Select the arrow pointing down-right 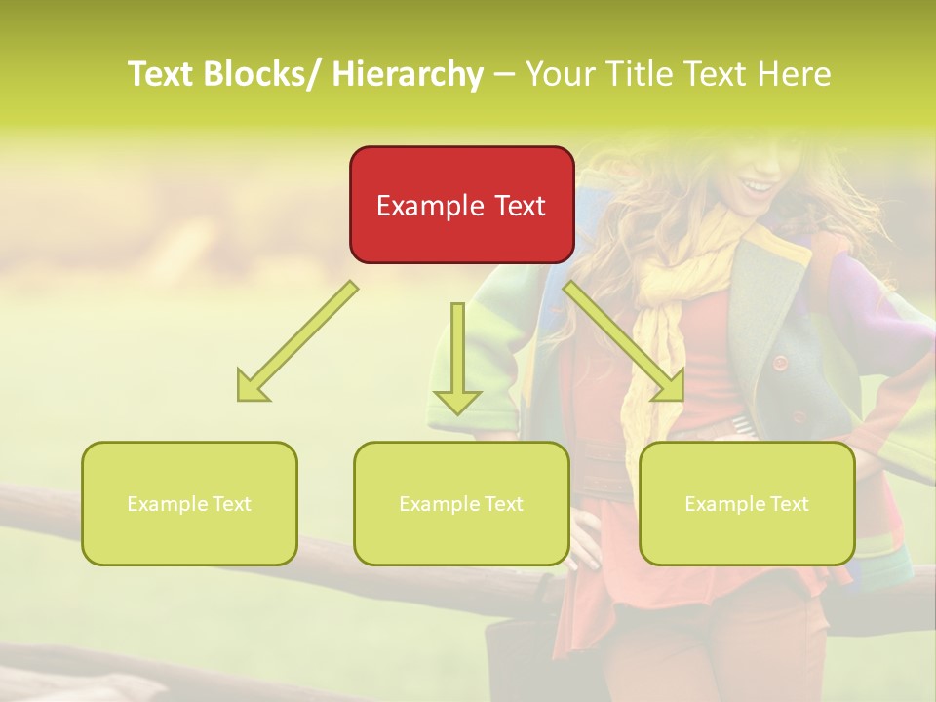click(624, 341)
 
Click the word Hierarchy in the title click(408, 74)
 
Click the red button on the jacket click(780, 363)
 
